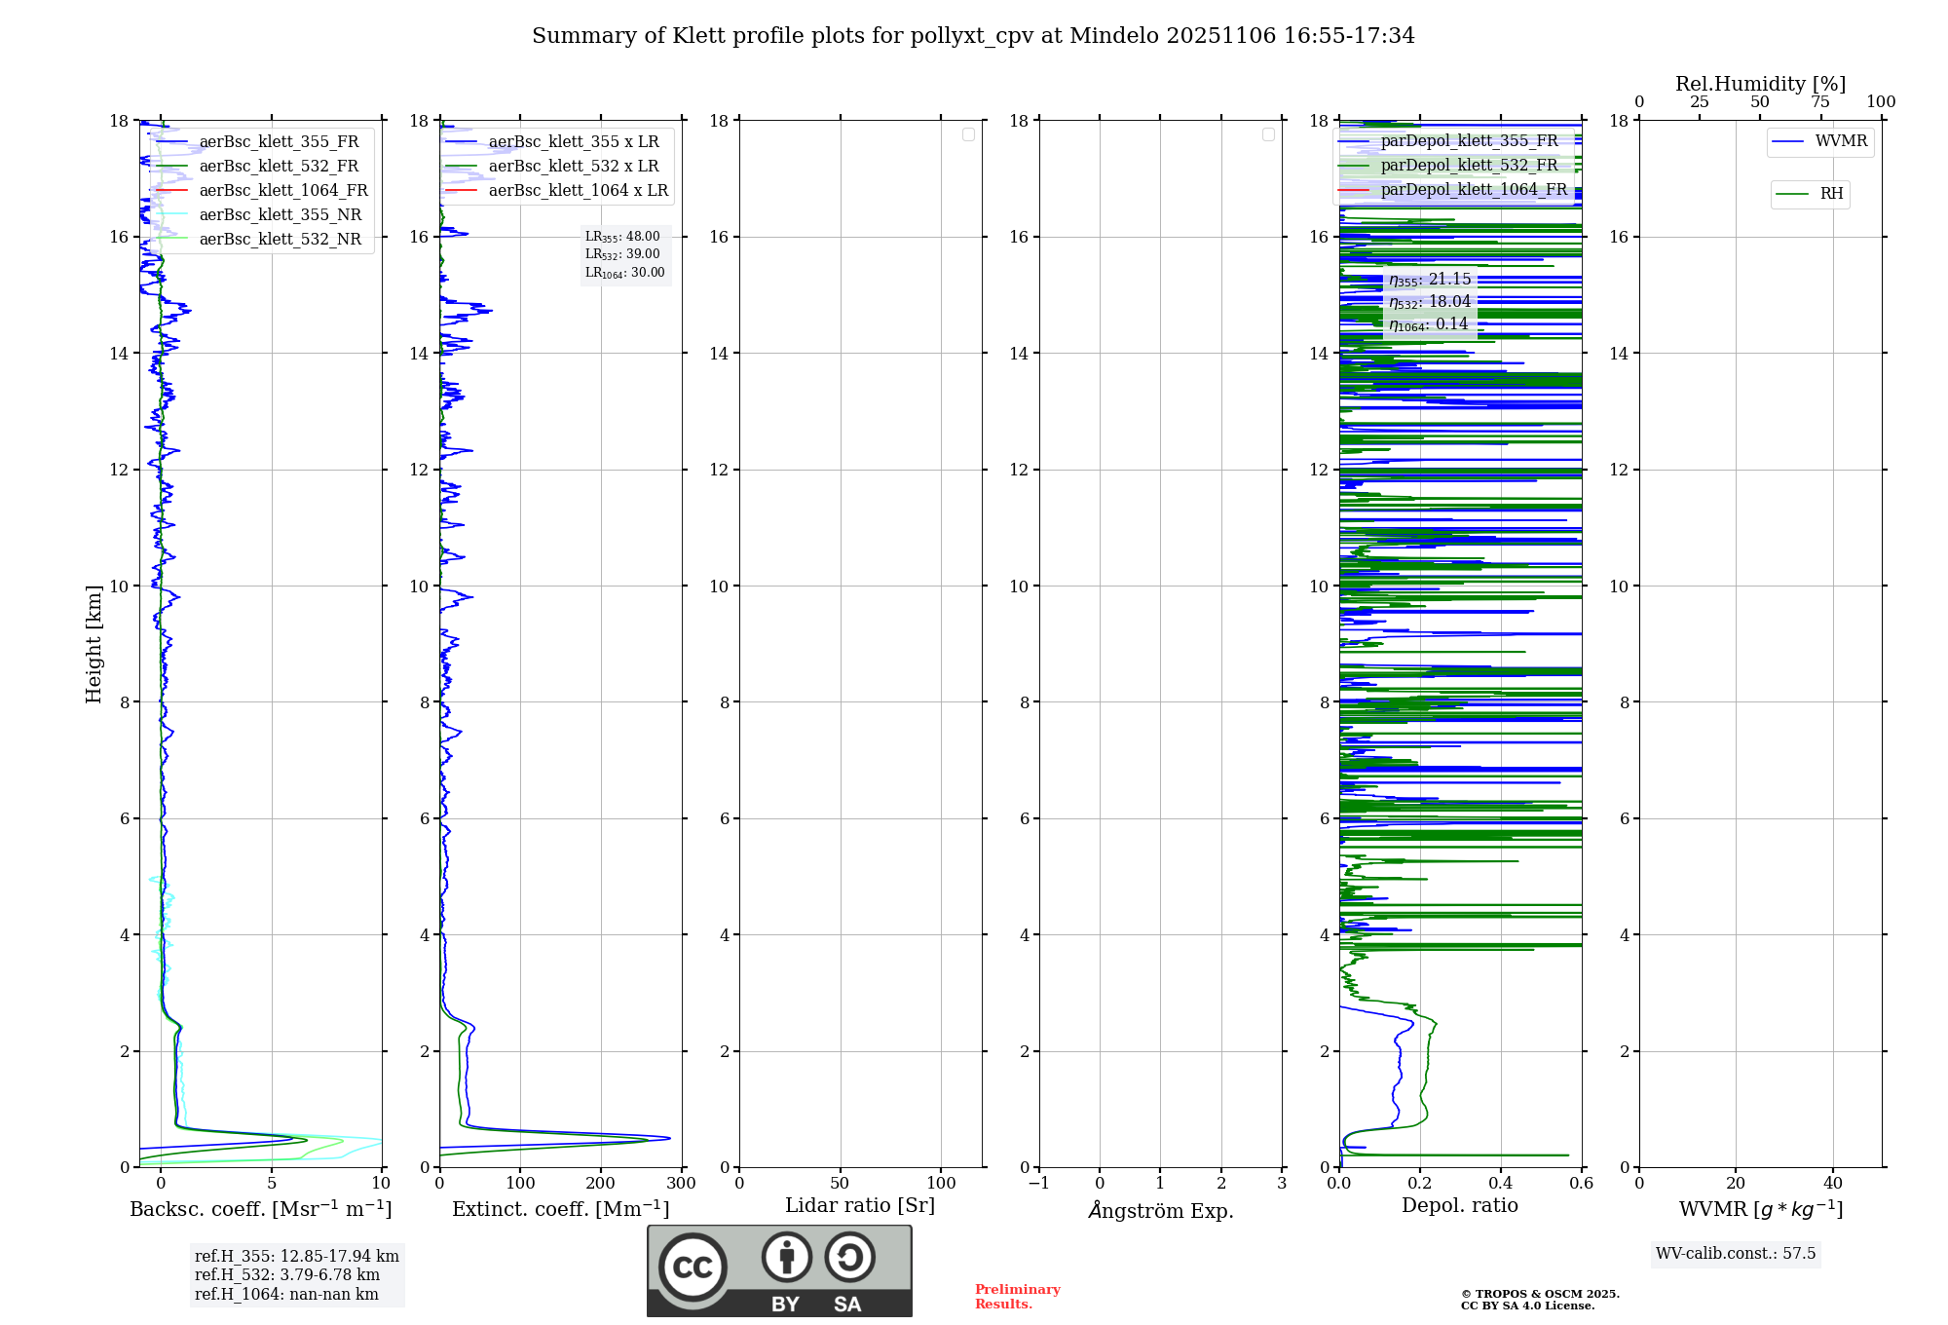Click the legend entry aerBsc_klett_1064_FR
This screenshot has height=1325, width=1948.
click(x=283, y=191)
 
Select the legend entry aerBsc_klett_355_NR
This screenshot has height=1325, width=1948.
click(x=281, y=215)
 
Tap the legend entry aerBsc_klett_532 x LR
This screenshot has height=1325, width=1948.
click(x=574, y=167)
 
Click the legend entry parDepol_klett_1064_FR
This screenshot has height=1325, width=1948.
click(x=1474, y=190)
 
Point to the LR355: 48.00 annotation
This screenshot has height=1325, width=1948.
click(x=622, y=237)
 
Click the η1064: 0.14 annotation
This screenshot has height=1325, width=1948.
click(x=1428, y=324)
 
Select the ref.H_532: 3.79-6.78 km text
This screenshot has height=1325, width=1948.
click(x=287, y=1275)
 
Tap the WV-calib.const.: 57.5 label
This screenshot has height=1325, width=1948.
click(x=1736, y=1254)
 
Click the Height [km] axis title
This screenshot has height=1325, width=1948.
click(x=94, y=644)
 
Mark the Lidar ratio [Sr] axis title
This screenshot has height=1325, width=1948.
click(x=860, y=1206)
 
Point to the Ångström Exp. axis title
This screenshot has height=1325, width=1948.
click(x=1161, y=1211)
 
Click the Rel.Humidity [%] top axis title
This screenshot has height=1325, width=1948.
click(x=1760, y=84)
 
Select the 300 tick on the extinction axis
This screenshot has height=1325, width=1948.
click(x=682, y=1184)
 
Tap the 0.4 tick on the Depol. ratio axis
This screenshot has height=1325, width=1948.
click(x=1501, y=1184)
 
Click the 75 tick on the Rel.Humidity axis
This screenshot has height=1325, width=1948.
click(x=1820, y=102)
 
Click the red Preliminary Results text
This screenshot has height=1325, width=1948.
click(x=1017, y=1297)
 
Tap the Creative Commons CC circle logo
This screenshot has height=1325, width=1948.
click(x=693, y=1268)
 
